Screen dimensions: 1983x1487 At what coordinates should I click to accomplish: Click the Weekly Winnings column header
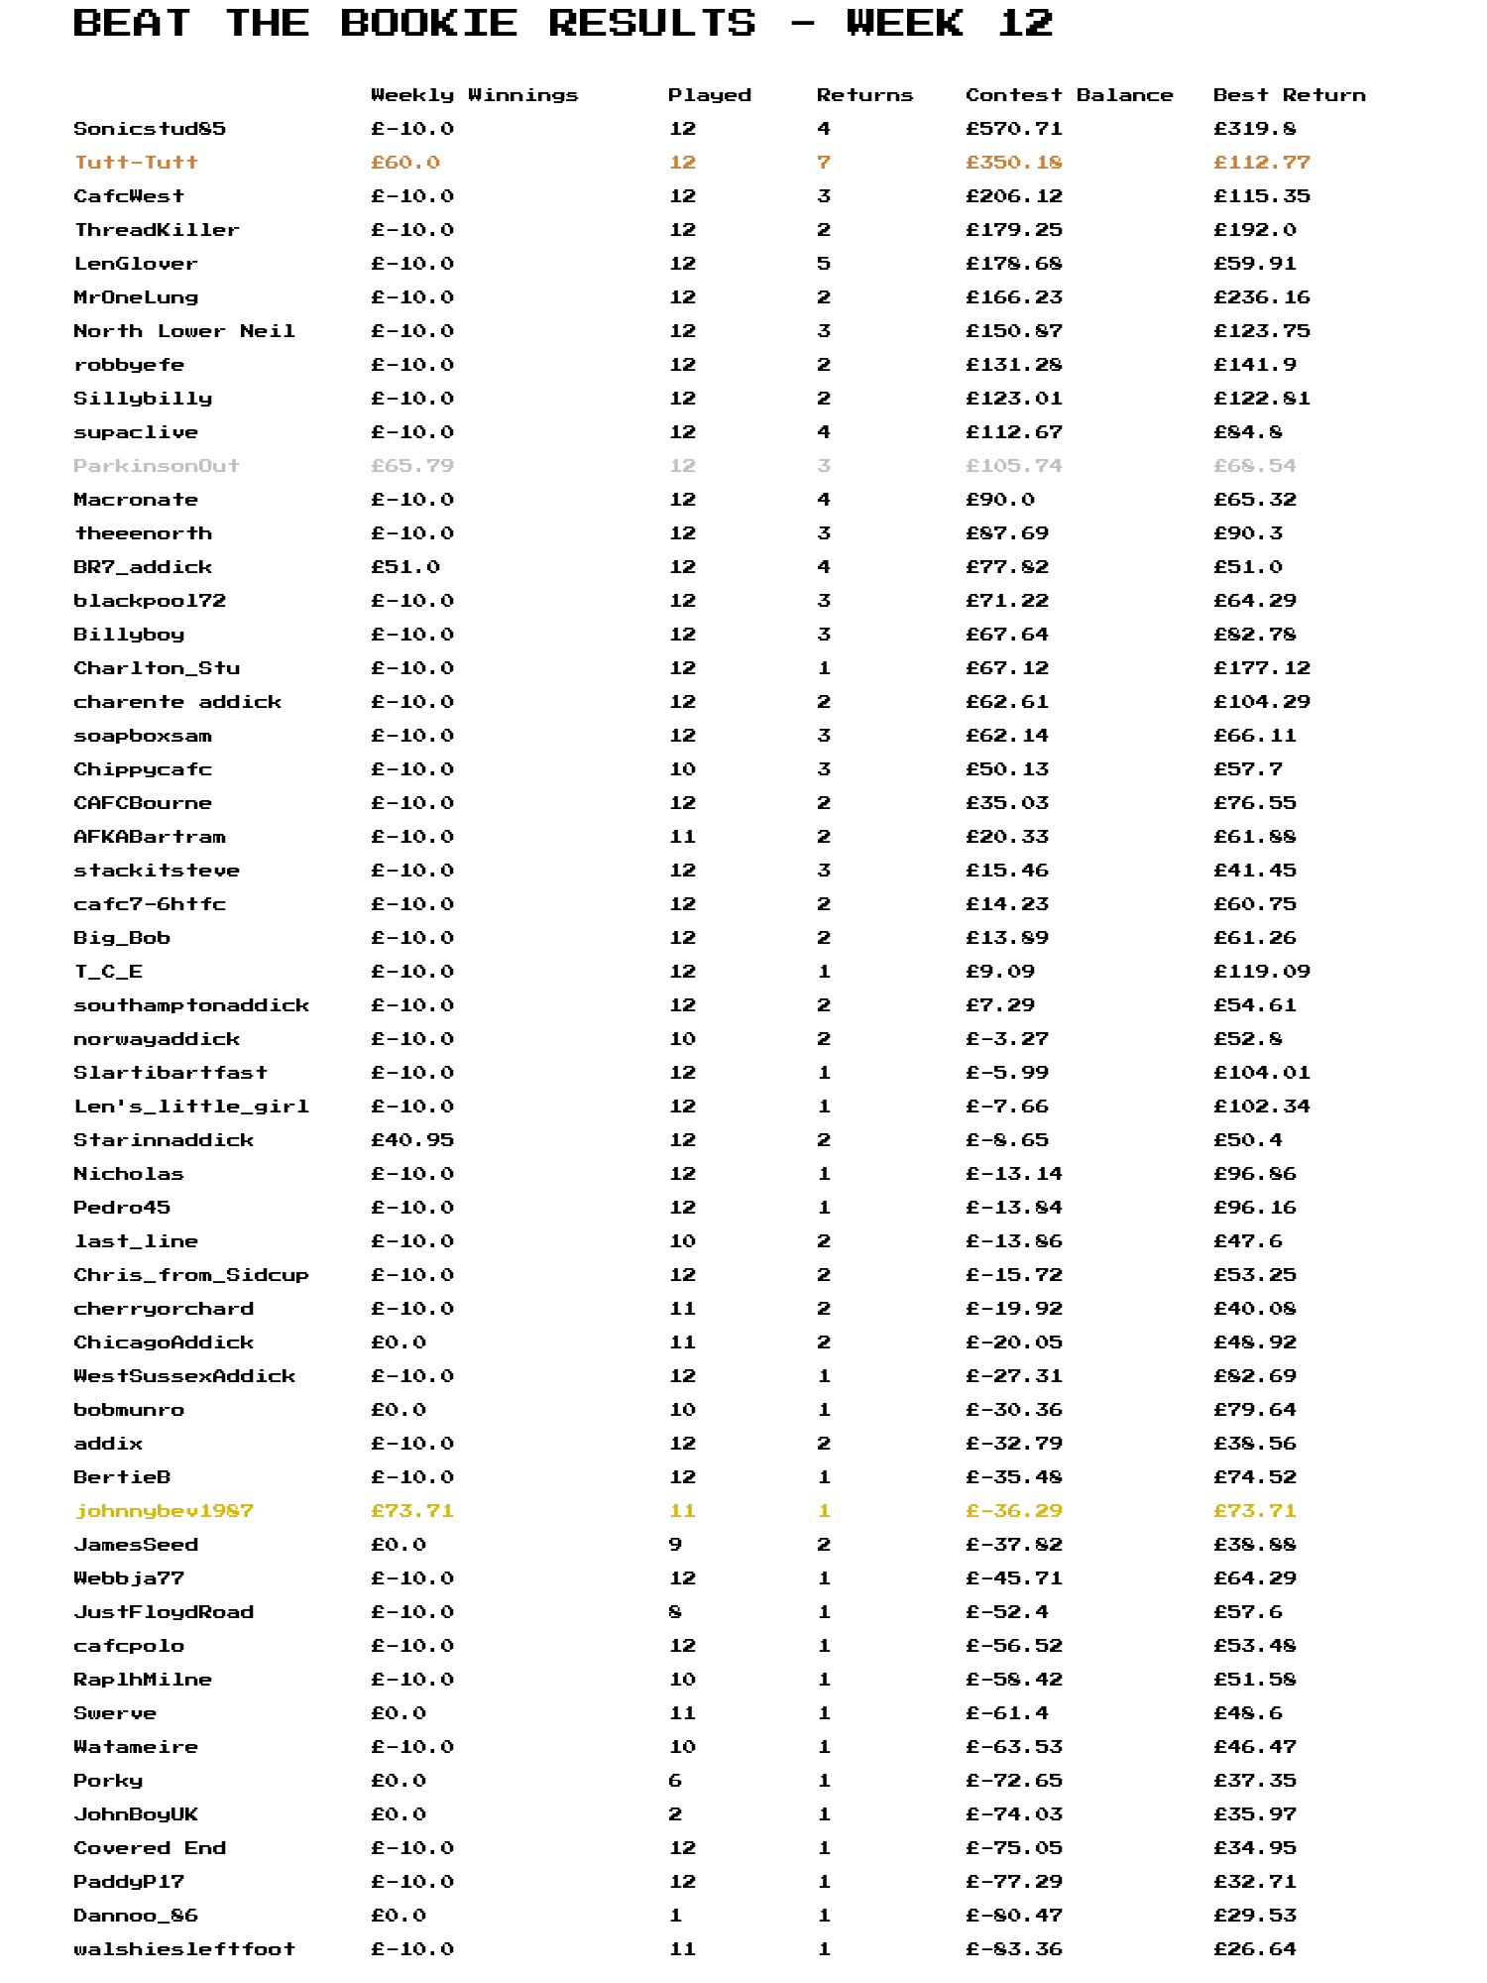click(x=474, y=95)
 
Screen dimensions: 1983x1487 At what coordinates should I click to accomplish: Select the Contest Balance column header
click(x=1069, y=95)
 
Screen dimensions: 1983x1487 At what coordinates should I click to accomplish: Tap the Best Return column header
click(x=1289, y=95)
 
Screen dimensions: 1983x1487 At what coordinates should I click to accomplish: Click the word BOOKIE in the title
click(x=428, y=23)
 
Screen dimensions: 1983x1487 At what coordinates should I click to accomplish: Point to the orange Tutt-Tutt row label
click(x=136, y=163)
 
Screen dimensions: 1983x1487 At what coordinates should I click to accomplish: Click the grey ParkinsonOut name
click(x=157, y=466)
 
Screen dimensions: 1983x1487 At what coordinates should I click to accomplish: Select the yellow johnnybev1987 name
click(x=164, y=1511)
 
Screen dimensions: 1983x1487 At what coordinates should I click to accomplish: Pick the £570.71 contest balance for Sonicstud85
click(x=1013, y=129)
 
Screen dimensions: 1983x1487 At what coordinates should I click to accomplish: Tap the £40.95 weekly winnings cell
click(x=412, y=1140)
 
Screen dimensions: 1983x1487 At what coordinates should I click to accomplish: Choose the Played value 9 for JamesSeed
click(x=675, y=1545)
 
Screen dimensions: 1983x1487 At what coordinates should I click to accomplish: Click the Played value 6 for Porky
click(x=675, y=1781)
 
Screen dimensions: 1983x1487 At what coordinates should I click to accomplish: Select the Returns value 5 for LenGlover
click(x=824, y=264)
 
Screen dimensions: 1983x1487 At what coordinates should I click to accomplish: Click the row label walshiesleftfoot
click(x=184, y=1949)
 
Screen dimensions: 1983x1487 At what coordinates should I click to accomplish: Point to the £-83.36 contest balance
click(x=1013, y=1949)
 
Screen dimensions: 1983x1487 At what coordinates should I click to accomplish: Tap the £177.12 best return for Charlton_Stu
click(x=1261, y=668)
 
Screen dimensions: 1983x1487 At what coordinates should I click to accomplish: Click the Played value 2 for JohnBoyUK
click(x=675, y=1814)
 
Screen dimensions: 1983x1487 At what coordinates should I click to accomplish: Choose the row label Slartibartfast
click(x=171, y=1073)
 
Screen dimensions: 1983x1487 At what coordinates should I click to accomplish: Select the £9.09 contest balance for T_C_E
click(x=999, y=972)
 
